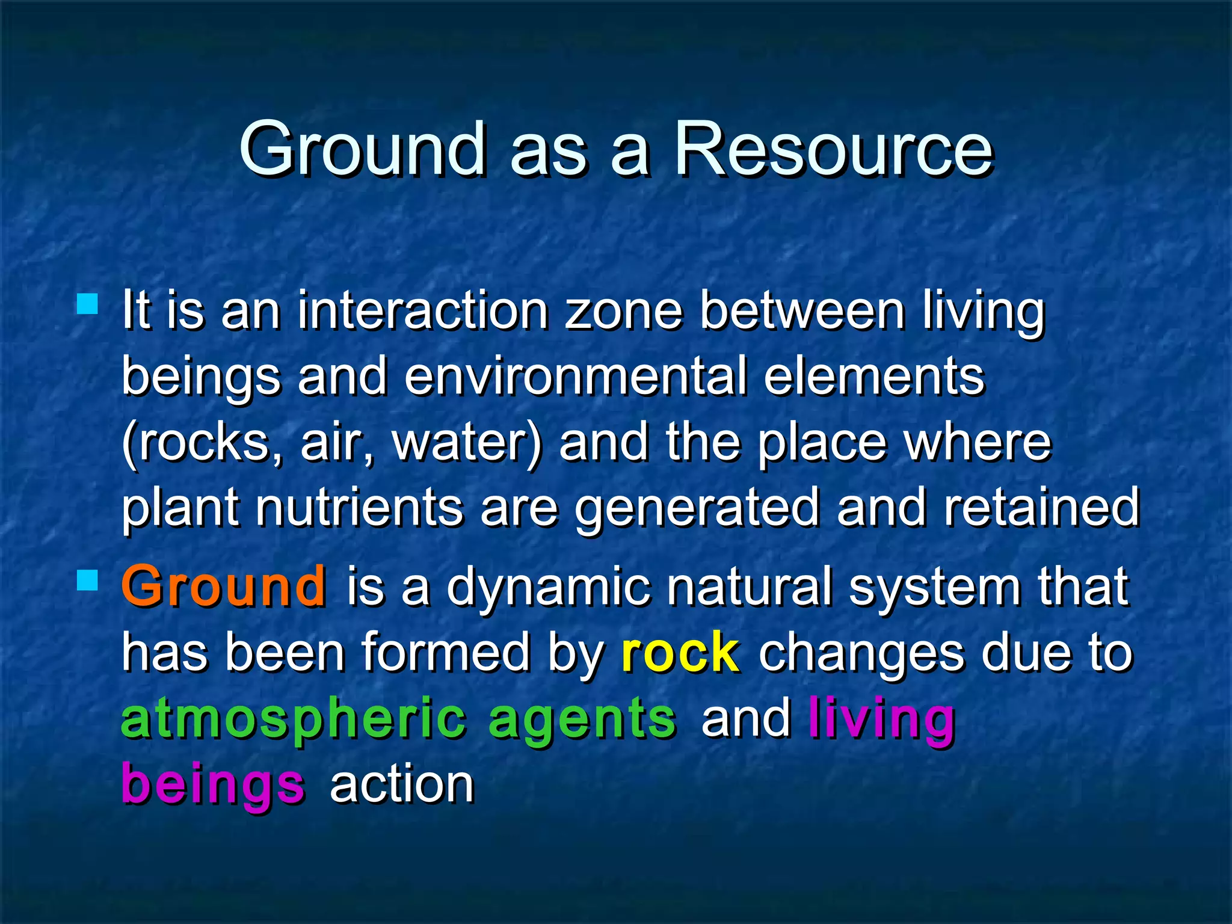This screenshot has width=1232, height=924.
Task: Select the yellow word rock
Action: (x=680, y=653)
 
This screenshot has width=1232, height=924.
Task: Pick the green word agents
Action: (x=582, y=719)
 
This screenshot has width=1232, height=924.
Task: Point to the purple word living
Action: (x=882, y=719)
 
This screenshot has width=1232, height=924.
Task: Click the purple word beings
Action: (x=214, y=784)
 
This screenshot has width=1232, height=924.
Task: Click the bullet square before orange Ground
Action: (x=88, y=581)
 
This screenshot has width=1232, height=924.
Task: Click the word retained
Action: (x=1041, y=508)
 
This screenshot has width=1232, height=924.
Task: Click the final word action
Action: (x=402, y=784)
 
